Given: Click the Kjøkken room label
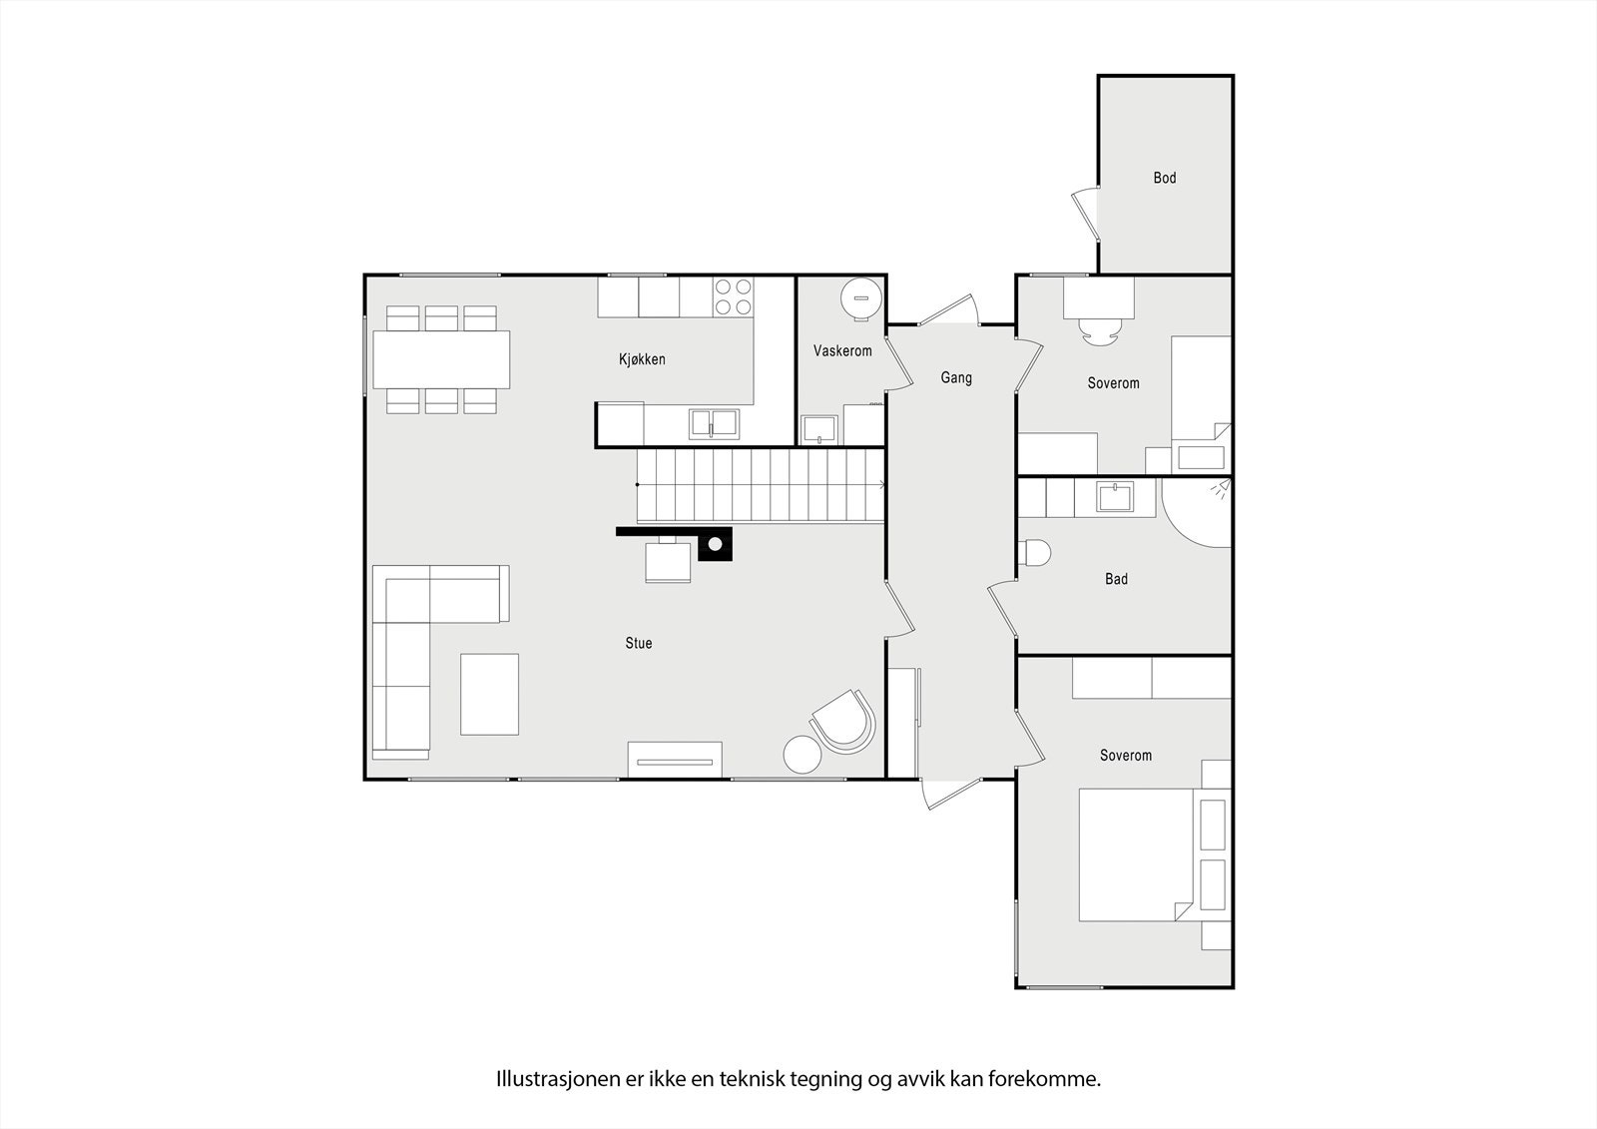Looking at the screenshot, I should coord(642,359).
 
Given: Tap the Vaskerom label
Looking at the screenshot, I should coord(842,351).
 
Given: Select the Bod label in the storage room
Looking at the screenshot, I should coord(1164,179).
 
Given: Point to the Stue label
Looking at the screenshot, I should coord(639,644).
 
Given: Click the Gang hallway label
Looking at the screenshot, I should coord(955,378).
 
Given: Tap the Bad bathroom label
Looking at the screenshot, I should coord(1116,579).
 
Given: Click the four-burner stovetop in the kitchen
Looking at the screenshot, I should coord(733,296).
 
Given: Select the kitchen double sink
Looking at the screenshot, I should coord(714,424).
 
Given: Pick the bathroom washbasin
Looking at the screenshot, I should coord(1114,496).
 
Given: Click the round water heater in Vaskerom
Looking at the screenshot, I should coord(860,297).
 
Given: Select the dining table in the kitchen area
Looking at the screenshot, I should coord(441,359).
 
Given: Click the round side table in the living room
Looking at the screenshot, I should coord(801,755).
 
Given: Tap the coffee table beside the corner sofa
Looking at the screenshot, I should coord(489,694).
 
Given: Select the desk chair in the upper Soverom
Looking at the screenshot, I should coord(1098,332).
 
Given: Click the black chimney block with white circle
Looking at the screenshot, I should coord(715,544).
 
